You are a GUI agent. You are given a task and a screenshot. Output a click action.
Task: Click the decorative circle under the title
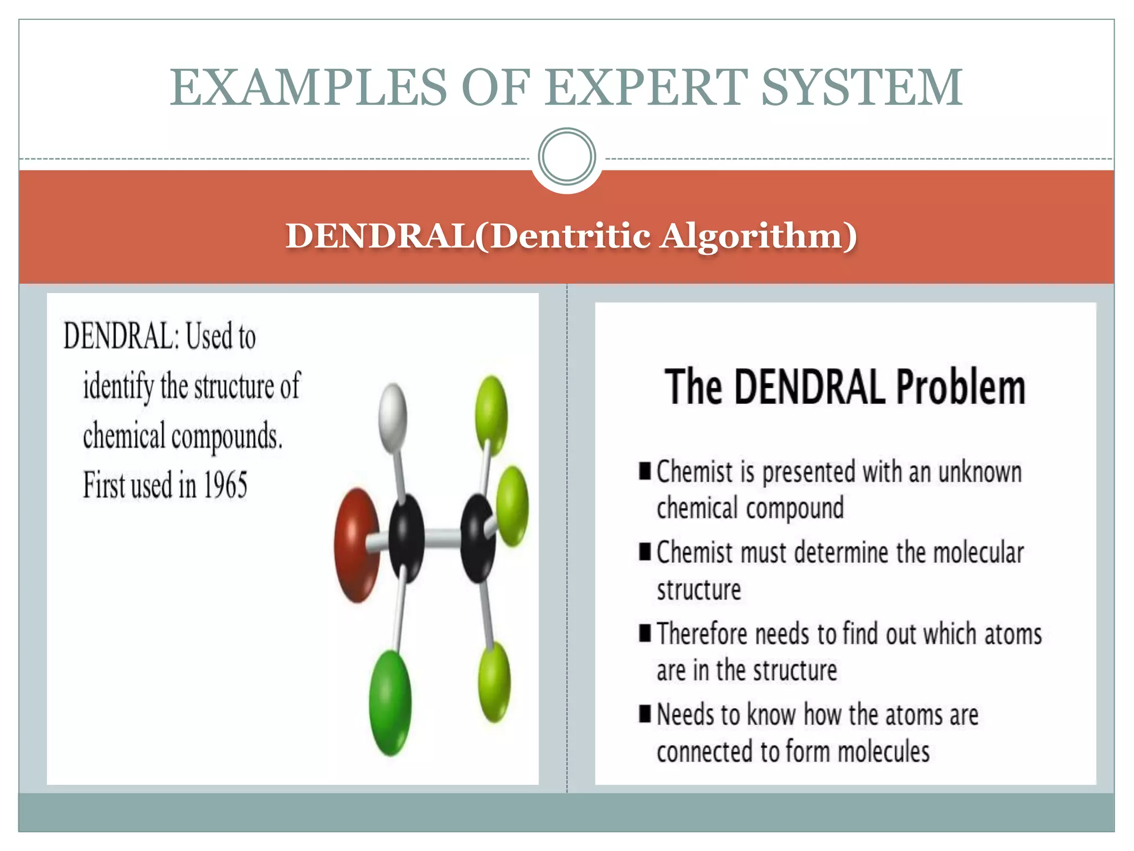point(566,156)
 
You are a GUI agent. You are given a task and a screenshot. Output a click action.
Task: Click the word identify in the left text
point(118,386)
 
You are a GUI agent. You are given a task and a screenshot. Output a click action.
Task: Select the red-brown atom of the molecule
point(357,545)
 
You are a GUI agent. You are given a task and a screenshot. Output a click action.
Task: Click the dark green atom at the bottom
point(390,703)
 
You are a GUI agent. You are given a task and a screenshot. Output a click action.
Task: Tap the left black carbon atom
point(406,537)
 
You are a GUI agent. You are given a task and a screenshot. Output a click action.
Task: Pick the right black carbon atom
point(477,537)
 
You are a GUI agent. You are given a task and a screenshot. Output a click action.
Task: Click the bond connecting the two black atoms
point(442,536)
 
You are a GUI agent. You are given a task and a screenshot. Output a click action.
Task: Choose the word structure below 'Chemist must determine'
point(699,589)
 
